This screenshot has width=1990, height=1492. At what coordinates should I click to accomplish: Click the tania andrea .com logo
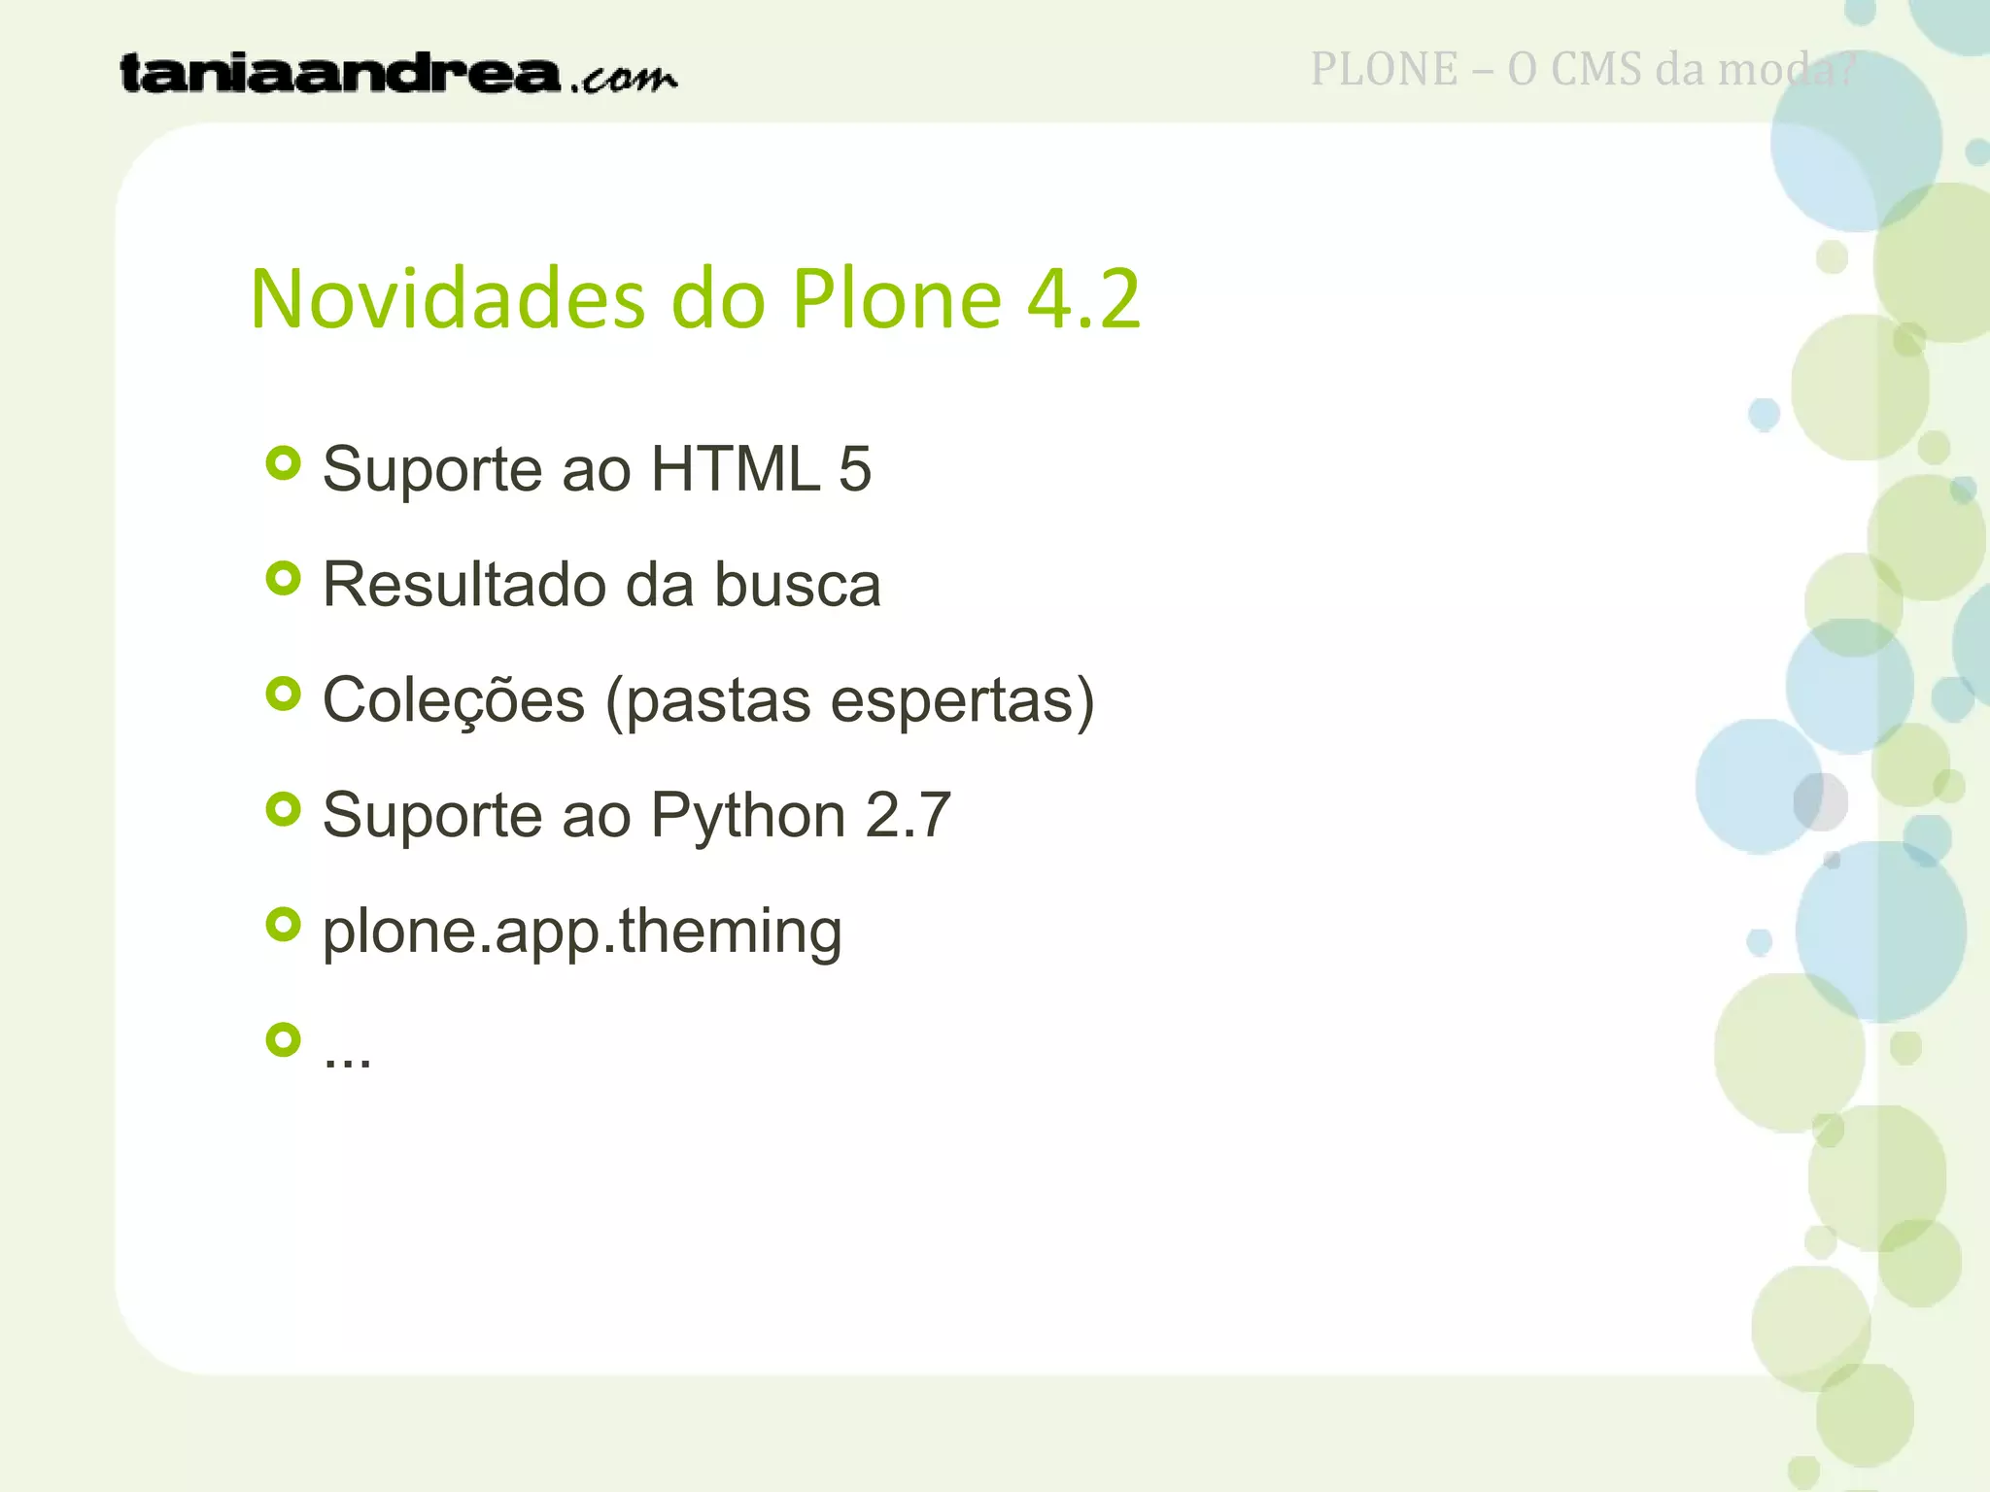point(397,74)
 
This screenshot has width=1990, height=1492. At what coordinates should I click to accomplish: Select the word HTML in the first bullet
point(735,469)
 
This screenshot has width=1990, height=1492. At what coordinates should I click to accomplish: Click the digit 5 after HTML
point(854,469)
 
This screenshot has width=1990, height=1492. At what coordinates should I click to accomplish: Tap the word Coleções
point(454,699)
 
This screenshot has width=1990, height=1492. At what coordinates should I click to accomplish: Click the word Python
point(748,816)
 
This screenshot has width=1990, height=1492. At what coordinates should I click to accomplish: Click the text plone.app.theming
point(582,932)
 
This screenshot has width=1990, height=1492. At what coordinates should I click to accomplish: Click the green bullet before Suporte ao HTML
point(283,463)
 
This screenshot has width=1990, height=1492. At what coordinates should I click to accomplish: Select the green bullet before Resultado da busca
point(283,579)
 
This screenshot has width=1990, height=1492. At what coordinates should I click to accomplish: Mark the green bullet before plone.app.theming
point(283,925)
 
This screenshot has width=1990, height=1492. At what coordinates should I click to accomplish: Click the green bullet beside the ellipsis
point(283,1040)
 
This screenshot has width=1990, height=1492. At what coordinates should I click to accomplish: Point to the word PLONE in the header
point(1384,70)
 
